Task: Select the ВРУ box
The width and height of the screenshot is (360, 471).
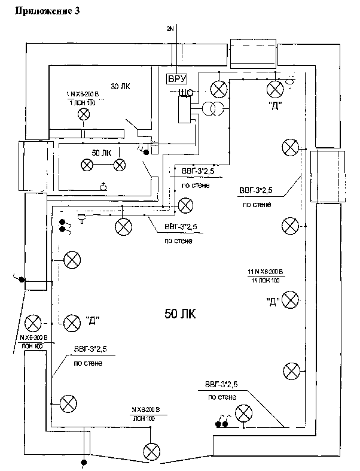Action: [x=178, y=78]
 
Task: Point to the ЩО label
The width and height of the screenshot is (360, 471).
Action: [x=184, y=92]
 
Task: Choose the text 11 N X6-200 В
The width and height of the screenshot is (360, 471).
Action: [x=265, y=272]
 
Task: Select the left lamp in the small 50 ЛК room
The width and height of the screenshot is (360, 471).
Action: [x=87, y=164]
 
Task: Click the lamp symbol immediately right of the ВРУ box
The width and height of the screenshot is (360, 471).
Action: [x=220, y=89]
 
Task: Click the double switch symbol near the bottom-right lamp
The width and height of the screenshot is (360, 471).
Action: [x=222, y=423]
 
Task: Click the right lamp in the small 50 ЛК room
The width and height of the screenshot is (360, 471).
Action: [x=120, y=164]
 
